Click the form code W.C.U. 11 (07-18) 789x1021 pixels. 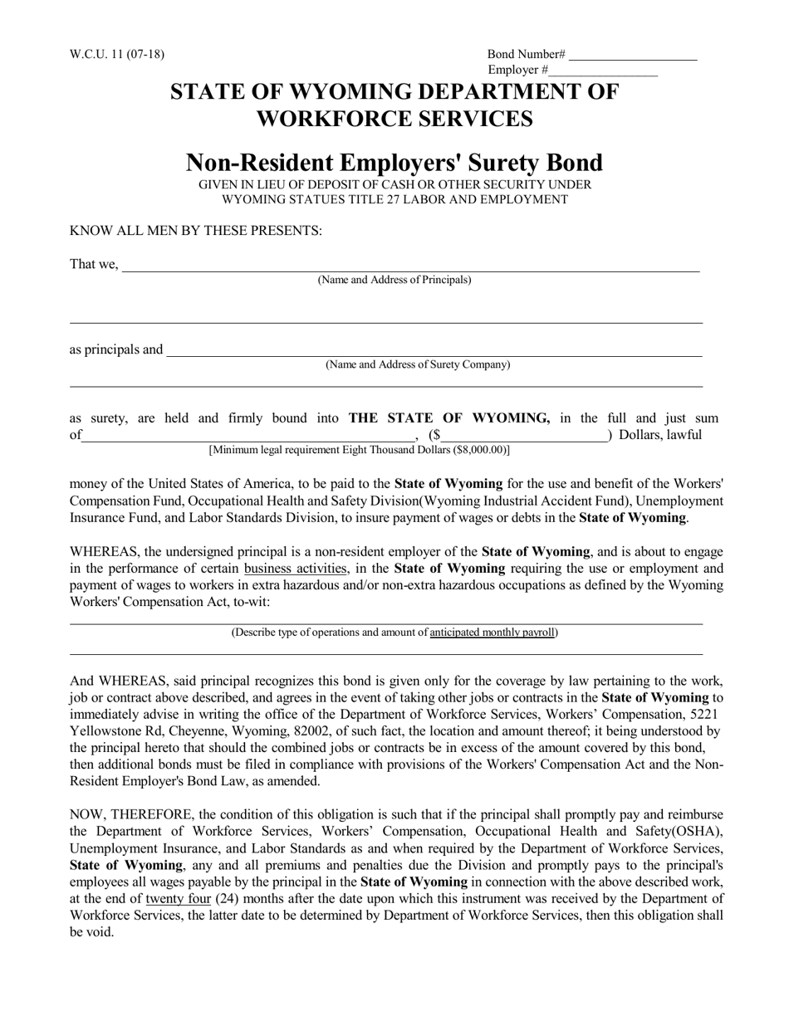click(x=117, y=55)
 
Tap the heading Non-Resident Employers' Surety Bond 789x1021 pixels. click(x=394, y=162)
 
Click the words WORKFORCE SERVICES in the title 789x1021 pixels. click(x=394, y=119)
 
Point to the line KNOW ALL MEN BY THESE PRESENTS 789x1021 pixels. click(x=195, y=231)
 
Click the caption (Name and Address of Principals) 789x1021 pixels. click(x=394, y=281)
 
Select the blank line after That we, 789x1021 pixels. click(x=411, y=268)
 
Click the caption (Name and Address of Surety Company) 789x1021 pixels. click(x=418, y=365)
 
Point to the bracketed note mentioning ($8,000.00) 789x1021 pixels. click(x=360, y=451)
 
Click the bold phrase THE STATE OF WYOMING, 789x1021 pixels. click(x=449, y=418)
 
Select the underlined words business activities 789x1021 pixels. click(x=296, y=569)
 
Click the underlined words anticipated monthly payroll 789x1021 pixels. click(x=492, y=633)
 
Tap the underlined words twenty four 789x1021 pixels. click(x=178, y=899)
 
